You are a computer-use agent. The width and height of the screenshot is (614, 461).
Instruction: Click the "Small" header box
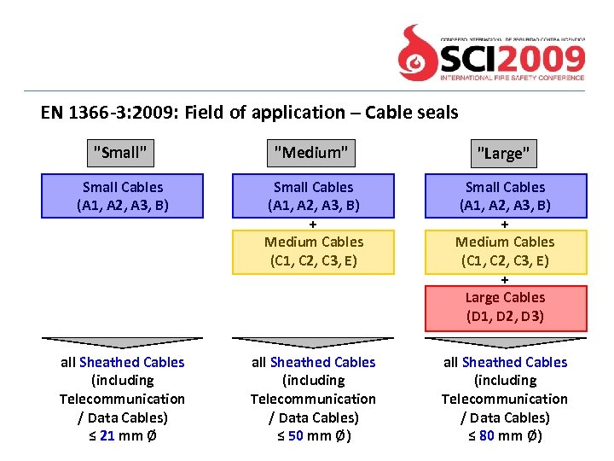coord(120,153)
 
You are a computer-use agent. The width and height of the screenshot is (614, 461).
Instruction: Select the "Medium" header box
coord(311,153)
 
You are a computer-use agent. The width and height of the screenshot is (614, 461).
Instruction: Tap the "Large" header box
coord(503,154)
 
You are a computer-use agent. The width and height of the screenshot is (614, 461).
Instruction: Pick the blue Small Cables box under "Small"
coord(123,196)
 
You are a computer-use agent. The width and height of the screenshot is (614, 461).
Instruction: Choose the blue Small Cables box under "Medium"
coord(314,196)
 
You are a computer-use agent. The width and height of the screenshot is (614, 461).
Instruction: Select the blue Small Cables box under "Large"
coord(505,196)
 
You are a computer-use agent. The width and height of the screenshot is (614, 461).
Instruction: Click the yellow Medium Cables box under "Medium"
coord(314,252)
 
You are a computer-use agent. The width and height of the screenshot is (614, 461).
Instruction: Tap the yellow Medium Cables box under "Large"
coord(505,252)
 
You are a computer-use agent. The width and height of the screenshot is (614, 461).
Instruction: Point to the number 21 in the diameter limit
coord(107,436)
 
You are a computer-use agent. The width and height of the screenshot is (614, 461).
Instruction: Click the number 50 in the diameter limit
coord(295,436)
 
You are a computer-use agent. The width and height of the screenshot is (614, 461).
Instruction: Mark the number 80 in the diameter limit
coord(486,436)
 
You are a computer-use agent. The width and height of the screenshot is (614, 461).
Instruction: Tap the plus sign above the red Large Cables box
coord(505,280)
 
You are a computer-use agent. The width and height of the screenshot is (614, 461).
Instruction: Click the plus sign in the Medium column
coord(314,225)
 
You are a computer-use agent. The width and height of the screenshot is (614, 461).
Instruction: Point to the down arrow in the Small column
coord(123,342)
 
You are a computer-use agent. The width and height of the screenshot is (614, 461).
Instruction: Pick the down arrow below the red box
coord(505,342)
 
